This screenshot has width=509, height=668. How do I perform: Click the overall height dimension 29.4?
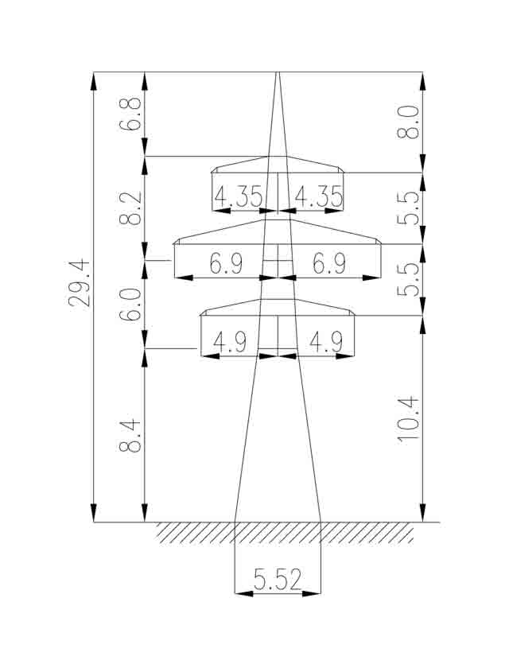click(80, 282)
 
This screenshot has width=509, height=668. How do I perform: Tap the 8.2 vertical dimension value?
click(130, 208)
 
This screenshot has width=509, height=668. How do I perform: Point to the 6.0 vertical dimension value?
click(130, 305)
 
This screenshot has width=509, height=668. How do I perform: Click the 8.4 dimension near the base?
click(130, 435)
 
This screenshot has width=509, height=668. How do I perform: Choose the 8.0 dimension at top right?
click(408, 122)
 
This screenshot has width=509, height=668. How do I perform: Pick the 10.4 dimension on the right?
click(409, 420)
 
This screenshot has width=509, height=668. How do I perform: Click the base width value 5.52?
click(278, 580)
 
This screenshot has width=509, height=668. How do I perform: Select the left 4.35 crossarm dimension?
click(238, 197)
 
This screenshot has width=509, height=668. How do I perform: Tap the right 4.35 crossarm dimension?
click(319, 197)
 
